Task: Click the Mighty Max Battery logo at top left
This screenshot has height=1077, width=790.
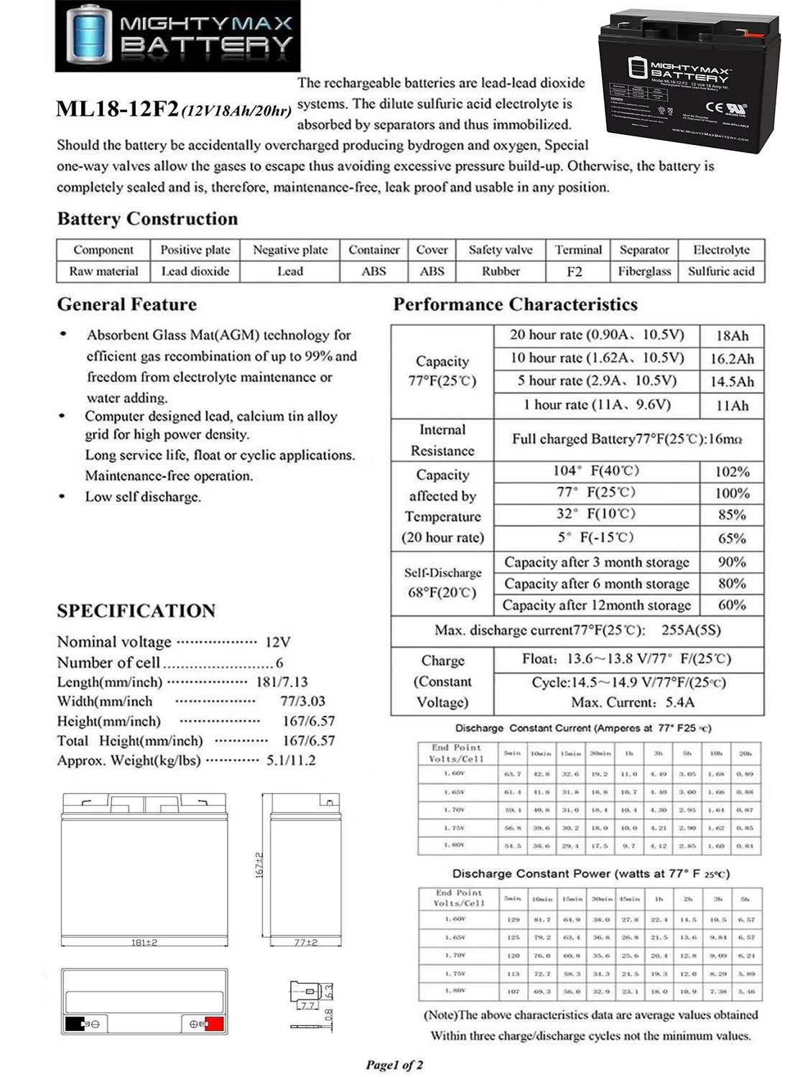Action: click(x=177, y=36)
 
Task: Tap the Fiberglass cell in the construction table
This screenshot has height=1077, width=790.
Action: click(x=644, y=271)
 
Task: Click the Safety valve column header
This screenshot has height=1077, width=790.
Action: click(x=501, y=250)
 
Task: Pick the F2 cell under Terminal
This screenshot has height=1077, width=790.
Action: click(x=575, y=271)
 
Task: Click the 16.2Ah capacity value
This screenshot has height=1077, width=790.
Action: click(x=732, y=359)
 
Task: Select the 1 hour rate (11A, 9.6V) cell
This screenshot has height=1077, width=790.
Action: click(x=597, y=405)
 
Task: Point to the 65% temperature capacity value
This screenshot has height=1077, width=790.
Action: click(x=732, y=538)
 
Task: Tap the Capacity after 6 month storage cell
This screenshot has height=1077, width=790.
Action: click(x=596, y=584)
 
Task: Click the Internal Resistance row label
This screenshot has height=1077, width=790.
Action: click(x=442, y=440)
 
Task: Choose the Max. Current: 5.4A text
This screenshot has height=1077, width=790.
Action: click(x=623, y=702)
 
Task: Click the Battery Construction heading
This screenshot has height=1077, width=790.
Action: click(x=147, y=219)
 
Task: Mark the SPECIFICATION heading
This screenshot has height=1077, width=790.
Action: click(x=136, y=611)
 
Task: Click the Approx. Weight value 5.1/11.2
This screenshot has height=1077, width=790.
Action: click(x=291, y=760)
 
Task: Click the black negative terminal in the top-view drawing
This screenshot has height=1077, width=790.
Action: click(x=73, y=1024)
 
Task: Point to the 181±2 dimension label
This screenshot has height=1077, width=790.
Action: click(x=144, y=942)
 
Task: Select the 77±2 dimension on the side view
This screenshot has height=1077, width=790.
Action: click(x=306, y=942)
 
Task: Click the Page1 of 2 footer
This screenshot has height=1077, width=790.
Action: click(x=394, y=1065)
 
